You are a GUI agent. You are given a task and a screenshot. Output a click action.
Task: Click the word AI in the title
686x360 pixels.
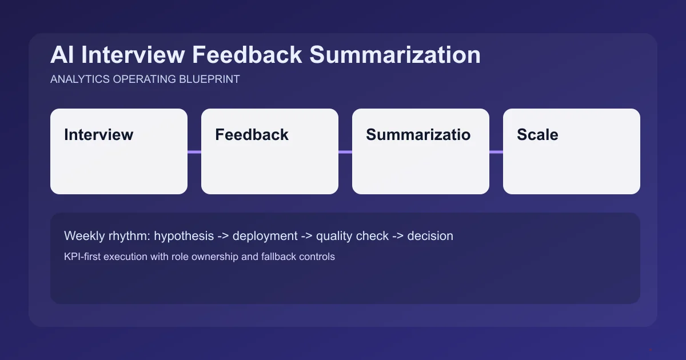[x=61, y=55]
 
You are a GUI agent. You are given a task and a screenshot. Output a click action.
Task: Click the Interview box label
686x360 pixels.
[x=99, y=135]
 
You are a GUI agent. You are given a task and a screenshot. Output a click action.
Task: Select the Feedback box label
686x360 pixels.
[x=252, y=135]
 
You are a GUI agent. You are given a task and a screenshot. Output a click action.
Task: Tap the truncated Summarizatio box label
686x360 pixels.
[x=418, y=135]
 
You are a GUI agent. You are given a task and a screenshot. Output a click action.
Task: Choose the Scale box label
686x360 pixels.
[x=537, y=135]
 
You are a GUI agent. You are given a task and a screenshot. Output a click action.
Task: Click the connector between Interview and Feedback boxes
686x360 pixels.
[x=194, y=152]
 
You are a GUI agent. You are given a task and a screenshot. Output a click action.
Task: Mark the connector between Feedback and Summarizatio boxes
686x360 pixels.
[x=345, y=152]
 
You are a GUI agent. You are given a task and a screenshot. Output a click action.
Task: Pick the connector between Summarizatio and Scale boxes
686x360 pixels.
[x=496, y=152]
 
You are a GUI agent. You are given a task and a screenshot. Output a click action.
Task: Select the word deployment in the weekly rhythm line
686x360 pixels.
[x=265, y=236]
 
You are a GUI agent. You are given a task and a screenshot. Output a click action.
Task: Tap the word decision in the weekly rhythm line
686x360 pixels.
[x=430, y=236]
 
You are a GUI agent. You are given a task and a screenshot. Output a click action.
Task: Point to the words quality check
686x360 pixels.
[x=352, y=236]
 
